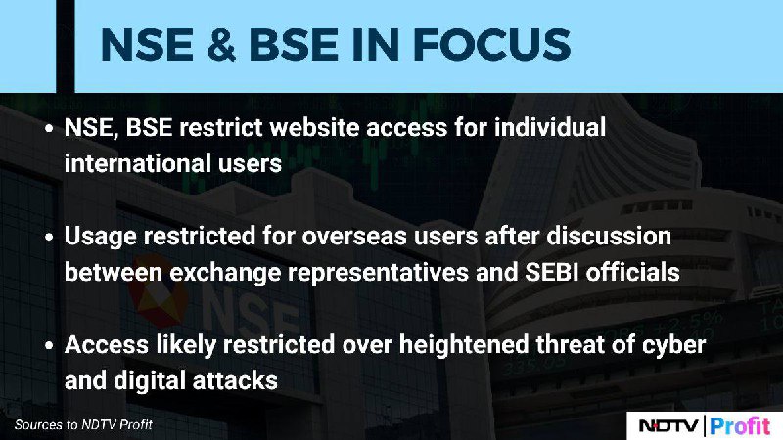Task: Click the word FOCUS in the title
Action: tap(492, 45)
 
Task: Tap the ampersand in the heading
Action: tap(220, 45)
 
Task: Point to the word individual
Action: tap(550, 127)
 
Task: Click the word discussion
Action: tap(609, 236)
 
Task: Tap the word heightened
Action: tap(463, 345)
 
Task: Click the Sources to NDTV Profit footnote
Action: tap(83, 425)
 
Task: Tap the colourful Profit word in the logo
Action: tap(740, 426)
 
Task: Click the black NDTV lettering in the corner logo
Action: tap(668, 426)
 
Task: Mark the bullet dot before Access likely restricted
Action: tap(49, 346)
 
